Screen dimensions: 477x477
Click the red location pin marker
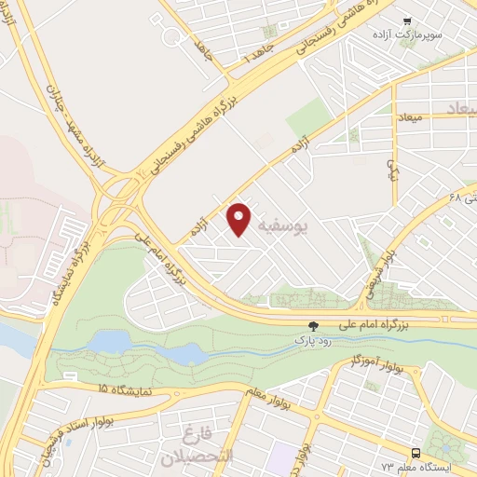click(x=239, y=218)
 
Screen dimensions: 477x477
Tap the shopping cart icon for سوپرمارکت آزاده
click(x=407, y=20)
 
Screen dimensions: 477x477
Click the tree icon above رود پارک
click(x=314, y=325)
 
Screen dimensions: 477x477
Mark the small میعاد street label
click(x=409, y=119)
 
